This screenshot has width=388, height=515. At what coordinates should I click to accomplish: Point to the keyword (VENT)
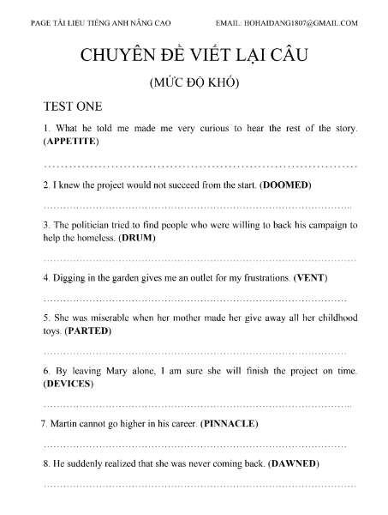click(x=311, y=278)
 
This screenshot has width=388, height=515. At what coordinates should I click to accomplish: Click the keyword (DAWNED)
click(x=294, y=464)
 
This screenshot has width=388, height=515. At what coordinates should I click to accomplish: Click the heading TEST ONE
click(x=72, y=107)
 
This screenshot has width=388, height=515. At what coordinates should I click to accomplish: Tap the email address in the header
click(x=288, y=23)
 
